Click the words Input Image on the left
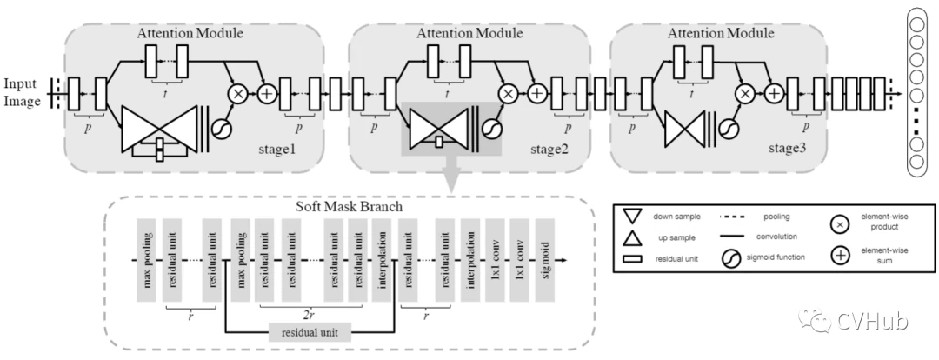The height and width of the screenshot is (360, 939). tap(21, 92)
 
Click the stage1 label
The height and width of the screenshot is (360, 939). tap(279, 150)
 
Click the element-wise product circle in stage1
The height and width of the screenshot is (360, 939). tap(236, 91)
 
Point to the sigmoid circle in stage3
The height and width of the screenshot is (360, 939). tap(726, 129)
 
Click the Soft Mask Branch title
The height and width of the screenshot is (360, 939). tap(332, 208)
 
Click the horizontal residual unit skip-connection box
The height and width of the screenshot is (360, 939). tap(310, 331)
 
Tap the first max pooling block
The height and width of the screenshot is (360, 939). tap(144, 260)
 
